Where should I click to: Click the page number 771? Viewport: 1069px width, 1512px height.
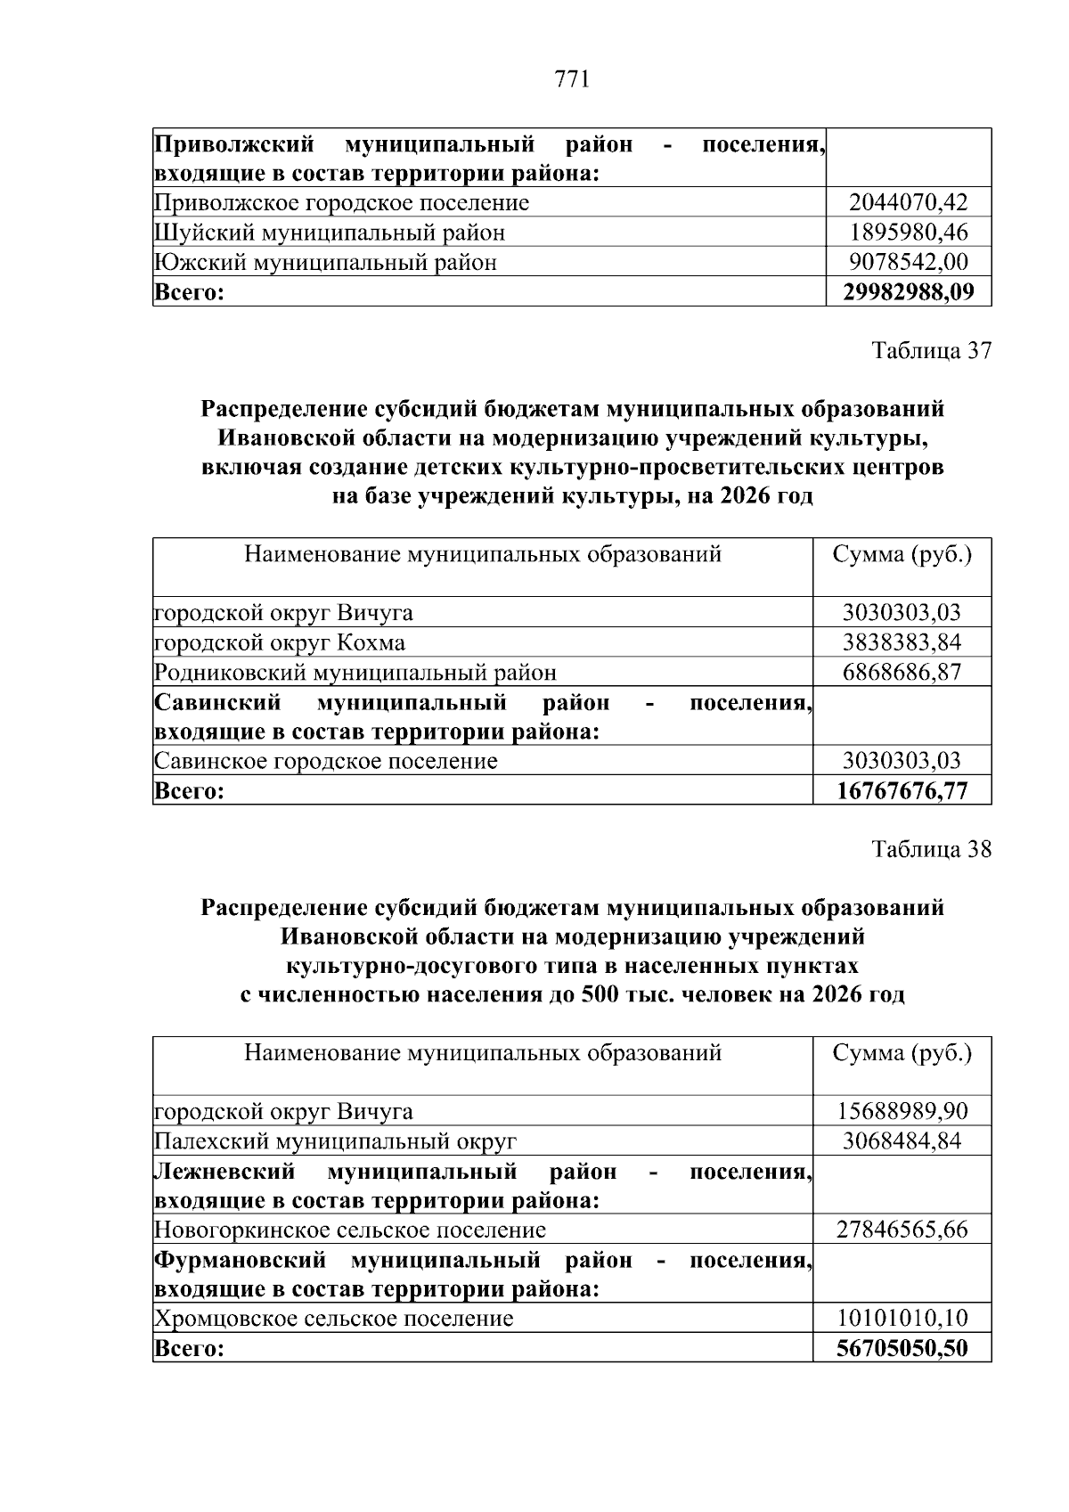click(572, 80)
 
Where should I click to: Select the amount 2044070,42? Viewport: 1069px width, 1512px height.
click(908, 203)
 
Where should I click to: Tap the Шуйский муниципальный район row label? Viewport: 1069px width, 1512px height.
click(330, 233)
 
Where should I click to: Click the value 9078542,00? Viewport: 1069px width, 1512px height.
click(908, 262)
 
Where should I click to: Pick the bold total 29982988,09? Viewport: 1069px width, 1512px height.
click(908, 291)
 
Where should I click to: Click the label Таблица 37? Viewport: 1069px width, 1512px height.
click(931, 350)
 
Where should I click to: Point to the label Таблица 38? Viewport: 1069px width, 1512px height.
click(931, 849)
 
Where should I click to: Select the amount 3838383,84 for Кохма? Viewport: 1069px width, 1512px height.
click(902, 642)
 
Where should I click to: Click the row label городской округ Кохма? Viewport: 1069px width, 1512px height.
click(280, 642)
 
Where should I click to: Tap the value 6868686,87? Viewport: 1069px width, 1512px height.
click(902, 672)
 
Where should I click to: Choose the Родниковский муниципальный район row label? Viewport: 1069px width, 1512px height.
click(355, 672)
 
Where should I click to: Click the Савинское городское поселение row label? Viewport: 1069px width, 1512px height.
click(326, 761)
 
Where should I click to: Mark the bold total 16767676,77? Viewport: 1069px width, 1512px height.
click(902, 790)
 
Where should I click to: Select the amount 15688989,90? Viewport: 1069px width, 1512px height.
click(902, 1111)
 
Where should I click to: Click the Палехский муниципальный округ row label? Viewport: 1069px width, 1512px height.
click(336, 1141)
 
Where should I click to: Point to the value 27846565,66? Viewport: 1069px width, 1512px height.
click(902, 1230)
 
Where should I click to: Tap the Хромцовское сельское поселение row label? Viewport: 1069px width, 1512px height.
click(334, 1318)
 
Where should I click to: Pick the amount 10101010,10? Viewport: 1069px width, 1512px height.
click(902, 1318)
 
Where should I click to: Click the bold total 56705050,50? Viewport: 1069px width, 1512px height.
click(902, 1348)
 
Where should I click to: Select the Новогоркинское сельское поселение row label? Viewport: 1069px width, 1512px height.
click(350, 1230)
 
